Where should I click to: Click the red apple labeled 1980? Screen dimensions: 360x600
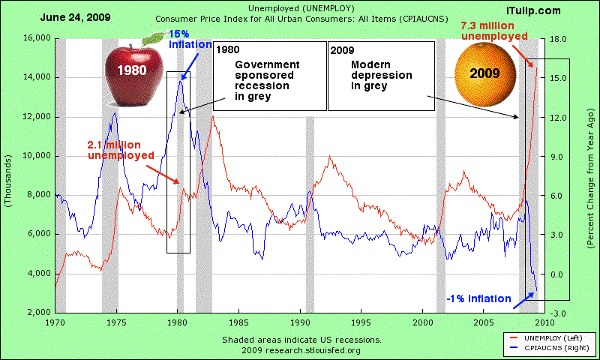coord(132,73)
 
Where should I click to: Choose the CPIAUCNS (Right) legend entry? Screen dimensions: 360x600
coord(554,349)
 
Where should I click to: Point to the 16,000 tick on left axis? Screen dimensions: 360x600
coord(34,38)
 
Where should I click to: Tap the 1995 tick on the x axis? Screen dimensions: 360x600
coord(361,322)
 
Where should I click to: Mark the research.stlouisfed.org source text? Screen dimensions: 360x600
coord(301,350)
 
